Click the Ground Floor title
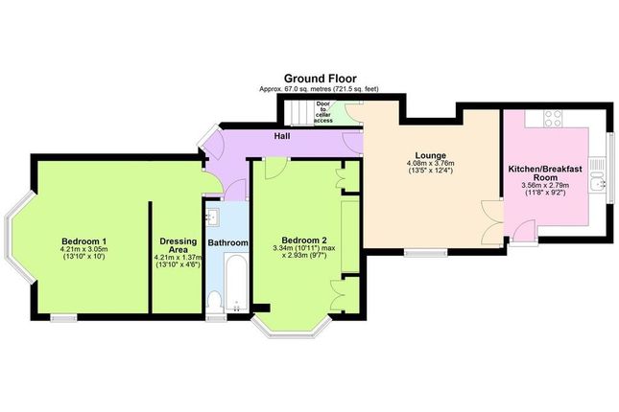coord(320,79)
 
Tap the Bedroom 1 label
coord(84,240)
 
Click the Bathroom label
coord(227,242)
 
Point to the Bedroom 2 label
coord(303,240)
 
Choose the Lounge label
coord(430,155)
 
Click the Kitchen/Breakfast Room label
coord(545,173)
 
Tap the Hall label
coord(282,136)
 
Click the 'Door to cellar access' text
coord(323,112)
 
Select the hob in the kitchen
coord(553,118)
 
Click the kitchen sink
coord(597,175)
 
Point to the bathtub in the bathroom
coord(236,283)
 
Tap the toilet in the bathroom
coord(215,302)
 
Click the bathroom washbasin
coord(213,217)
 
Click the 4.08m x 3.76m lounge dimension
coord(430,163)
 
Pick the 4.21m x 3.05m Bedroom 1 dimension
coord(84,249)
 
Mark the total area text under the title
coord(319,89)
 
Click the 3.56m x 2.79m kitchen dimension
coord(545,185)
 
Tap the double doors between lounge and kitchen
coord(492,223)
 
